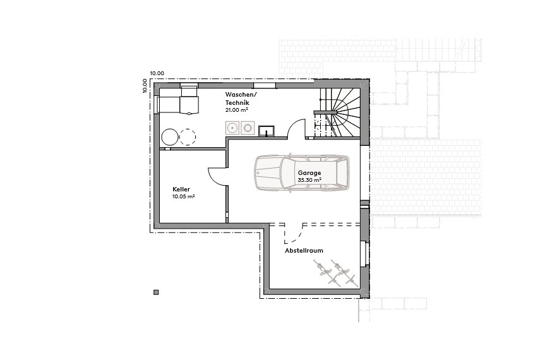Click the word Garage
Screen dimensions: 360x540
(x=310, y=172)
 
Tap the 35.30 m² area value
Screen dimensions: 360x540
(x=309, y=180)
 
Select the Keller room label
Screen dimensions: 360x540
(x=181, y=189)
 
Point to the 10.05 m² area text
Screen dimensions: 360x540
(x=183, y=196)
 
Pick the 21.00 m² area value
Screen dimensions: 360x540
(x=235, y=110)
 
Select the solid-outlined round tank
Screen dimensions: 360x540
(x=169, y=136)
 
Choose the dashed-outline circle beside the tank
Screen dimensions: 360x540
(x=188, y=136)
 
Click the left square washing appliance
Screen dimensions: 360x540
(x=233, y=128)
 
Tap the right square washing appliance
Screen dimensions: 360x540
(x=247, y=128)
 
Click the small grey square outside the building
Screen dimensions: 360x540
(x=156, y=292)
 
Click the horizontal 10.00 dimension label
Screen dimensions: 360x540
(x=157, y=73)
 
